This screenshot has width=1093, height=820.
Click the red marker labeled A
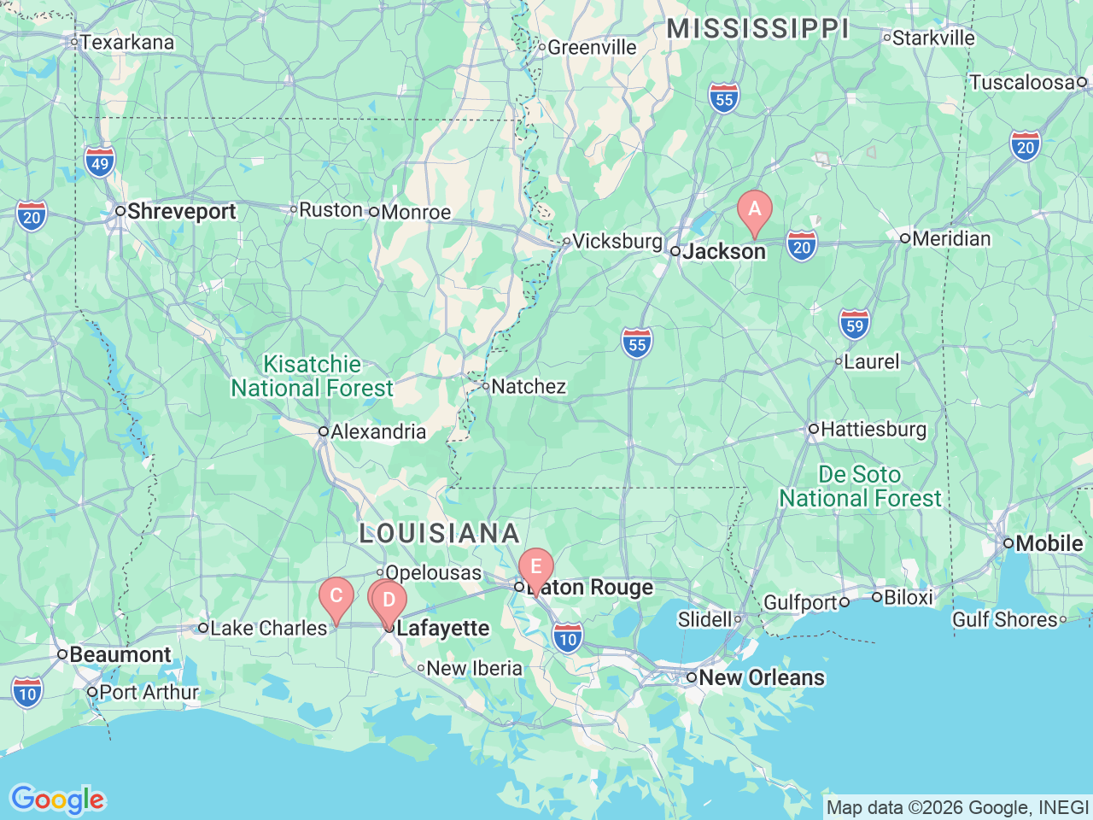click(754, 209)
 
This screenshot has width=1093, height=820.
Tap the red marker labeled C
click(336, 596)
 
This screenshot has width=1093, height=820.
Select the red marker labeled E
click(536, 567)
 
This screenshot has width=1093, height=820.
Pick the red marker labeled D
click(389, 600)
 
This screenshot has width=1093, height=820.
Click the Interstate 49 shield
click(100, 162)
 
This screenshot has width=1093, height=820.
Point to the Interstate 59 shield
click(855, 324)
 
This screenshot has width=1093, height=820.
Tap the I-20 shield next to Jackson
click(801, 247)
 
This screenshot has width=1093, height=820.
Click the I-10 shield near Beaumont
click(27, 693)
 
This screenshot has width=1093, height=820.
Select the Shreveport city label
click(181, 211)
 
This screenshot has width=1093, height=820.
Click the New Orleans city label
click(762, 677)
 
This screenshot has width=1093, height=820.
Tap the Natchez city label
click(529, 386)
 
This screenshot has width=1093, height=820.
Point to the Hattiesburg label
click(873, 429)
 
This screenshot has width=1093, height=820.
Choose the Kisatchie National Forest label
click(313, 376)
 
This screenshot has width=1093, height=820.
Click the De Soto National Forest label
click(860, 486)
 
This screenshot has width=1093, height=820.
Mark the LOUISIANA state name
click(439, 533)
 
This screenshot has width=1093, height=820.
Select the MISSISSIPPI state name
click(757, 28)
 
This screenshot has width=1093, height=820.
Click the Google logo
click(57, 799)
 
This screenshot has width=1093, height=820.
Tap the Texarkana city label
click(126, 42)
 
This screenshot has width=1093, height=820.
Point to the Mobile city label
click(1049, 543)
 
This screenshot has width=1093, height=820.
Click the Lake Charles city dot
click(203, 628)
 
